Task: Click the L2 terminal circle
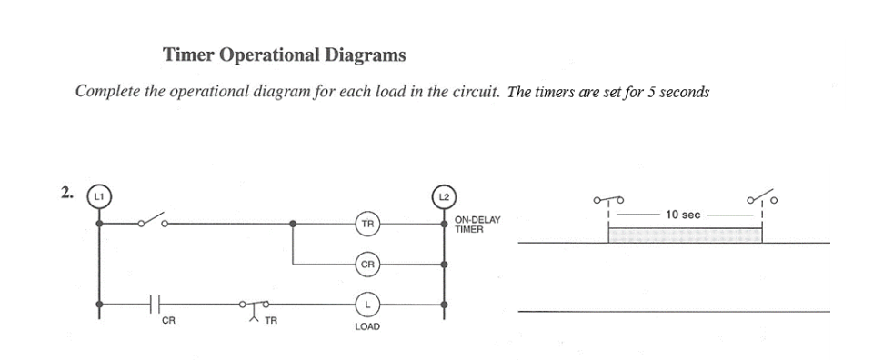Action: click(445, 196)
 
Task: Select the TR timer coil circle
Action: click(366, 223)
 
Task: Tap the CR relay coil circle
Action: click(366, 265)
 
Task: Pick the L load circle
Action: click(366, 304)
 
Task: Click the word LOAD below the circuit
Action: click(366, 325)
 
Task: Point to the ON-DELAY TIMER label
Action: click(477, 225)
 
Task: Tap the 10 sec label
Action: click(683, 215)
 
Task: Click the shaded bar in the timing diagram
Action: click(684, 235)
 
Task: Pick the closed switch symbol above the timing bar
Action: click(608, 198)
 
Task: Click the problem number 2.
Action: click(65, 191)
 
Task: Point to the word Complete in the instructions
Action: click(108, 92)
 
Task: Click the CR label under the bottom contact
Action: click(168, 321)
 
